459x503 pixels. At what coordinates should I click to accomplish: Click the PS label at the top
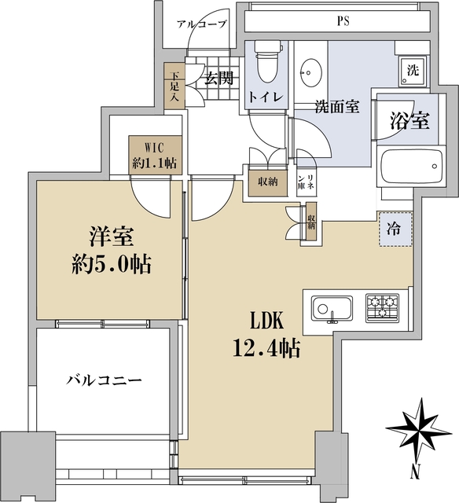(343, 21)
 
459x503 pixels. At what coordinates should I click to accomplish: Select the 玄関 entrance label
(219, 78)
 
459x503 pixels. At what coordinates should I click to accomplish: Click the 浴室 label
(410, 121)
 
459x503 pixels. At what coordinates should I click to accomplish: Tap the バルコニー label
(102, 380)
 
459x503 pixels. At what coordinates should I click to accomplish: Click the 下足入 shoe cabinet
(173, 89)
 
